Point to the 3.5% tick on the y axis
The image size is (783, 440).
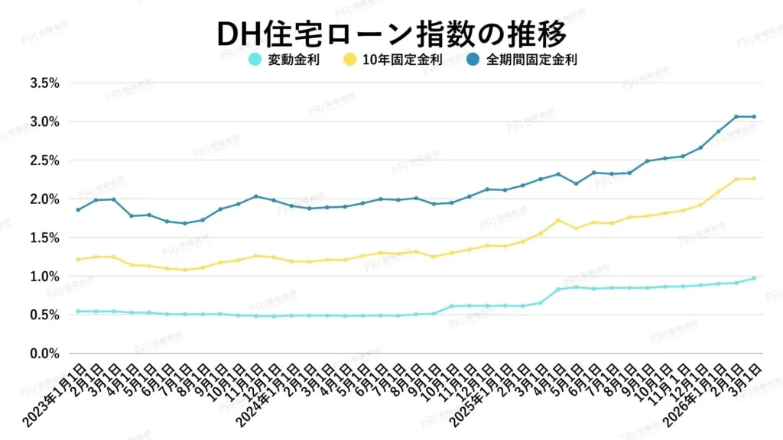click(44, 82)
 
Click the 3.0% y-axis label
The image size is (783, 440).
click(44, 121)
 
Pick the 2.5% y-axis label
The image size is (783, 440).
click(44, 160)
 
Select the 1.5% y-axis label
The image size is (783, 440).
click(44, 238)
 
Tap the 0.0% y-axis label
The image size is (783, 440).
click(44, 354)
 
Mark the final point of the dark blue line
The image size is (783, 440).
click(754, 117)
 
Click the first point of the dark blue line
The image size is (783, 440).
click(78, 209)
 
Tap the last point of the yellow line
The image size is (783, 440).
click(754, 179)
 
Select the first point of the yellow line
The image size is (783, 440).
click(78, 260)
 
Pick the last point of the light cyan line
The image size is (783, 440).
click(754, 278)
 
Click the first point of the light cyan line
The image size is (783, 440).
click(78, 311)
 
